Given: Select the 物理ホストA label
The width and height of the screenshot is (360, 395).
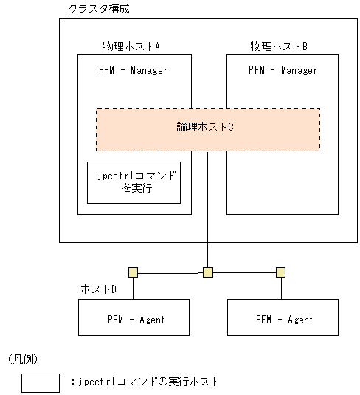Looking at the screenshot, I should point(133,47).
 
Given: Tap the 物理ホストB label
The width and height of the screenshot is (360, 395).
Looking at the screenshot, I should point(279,47).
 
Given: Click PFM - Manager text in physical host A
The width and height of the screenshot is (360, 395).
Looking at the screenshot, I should point(134,71).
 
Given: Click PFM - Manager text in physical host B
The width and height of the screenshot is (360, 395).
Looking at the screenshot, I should point(283,71).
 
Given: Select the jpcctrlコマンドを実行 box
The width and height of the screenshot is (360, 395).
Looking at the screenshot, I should point(134,182).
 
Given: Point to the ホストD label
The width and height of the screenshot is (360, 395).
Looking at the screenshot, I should point(98,289).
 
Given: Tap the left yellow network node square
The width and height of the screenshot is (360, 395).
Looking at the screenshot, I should point(133,272).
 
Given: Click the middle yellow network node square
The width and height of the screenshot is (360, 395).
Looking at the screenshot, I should point(208,272).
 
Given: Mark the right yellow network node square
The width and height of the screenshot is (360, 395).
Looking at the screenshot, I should point(280,272).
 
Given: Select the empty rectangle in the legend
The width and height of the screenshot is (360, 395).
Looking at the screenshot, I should point(40,382).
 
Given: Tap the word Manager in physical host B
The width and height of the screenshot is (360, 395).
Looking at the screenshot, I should point(299,71).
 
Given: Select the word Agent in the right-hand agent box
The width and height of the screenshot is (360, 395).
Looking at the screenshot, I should point(299,320).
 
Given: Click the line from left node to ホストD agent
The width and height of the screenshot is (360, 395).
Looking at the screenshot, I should point(133,288).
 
